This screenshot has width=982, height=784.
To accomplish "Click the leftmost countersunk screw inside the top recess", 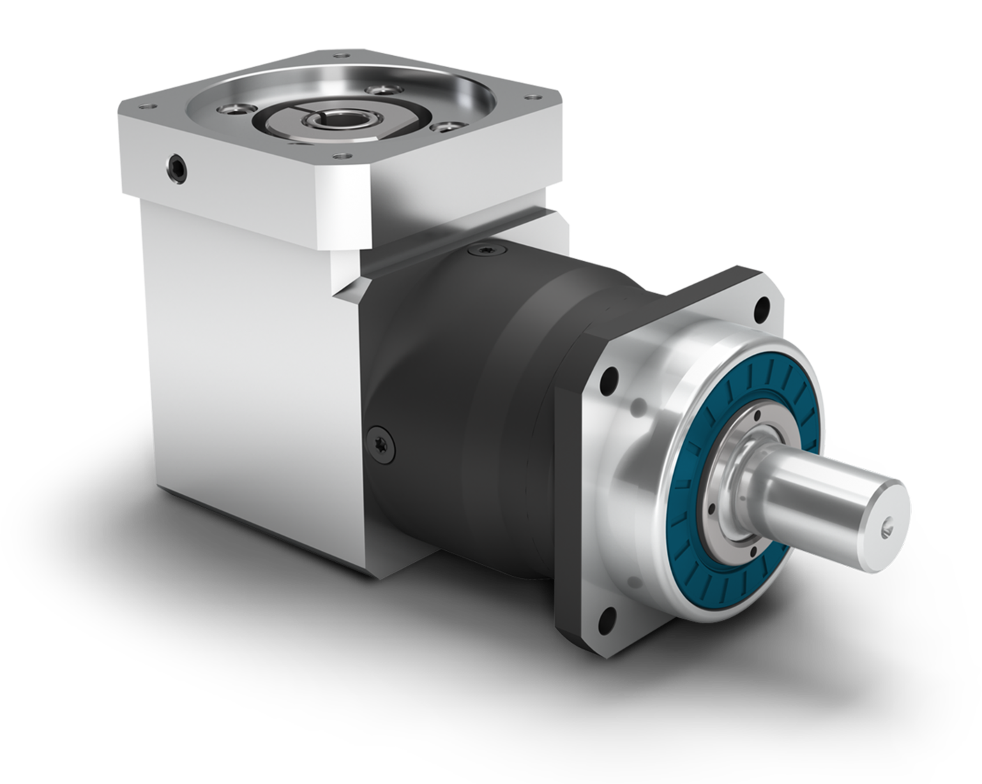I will pos(230,109).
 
